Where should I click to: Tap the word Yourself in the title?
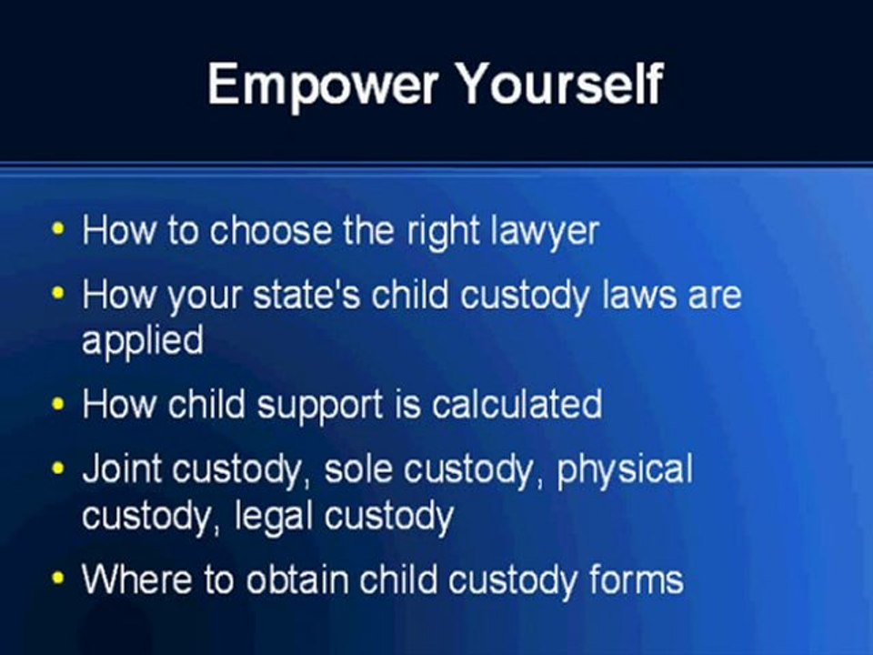tap(559, 85)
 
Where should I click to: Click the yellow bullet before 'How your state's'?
tap(59, 295)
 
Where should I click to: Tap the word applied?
tap(142, 342)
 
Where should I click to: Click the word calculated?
tap(517, 404)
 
